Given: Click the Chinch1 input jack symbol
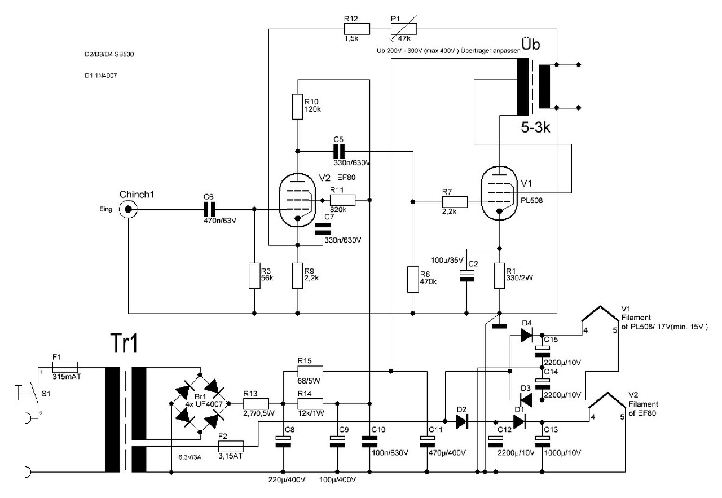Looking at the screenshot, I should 129,209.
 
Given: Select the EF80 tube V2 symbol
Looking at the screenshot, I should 297,201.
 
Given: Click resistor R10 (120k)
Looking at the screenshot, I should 298,107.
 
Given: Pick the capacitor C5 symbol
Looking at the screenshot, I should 338,151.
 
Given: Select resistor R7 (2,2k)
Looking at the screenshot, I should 454,201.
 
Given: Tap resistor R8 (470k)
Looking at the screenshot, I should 413,279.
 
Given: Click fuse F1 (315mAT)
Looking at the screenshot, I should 64,367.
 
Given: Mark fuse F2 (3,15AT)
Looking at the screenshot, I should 230,446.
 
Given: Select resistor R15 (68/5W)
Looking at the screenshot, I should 310,371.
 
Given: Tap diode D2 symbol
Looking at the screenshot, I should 462,421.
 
